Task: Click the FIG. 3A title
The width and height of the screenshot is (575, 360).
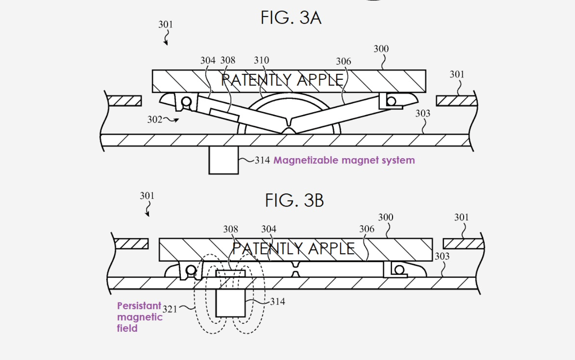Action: pyautogui.click(x=291, y=18)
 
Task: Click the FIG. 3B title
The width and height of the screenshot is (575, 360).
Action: pyautogui.click(x=294, y=200)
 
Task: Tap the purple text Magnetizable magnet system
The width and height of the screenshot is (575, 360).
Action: pyautogui.click(x=344, y=160)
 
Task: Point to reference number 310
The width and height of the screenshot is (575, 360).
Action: pyautogui.click(x=261, y=61)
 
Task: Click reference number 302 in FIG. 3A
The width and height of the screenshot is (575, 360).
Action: pyautogui.click(x=155, y=119)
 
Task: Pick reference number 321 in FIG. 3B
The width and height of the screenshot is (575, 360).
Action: pyautogui.click(x=170, y=309)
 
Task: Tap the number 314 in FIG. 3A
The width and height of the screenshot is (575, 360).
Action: pyautogui.click(x=262, y=160)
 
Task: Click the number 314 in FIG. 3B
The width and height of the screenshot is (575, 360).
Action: pyautogui.click(x=277, y=301)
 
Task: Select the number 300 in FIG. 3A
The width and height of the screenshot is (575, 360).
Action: pyautogui.click(x=381, y=49)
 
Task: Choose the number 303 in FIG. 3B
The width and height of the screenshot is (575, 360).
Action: pyautogui.click(x=442, y=256)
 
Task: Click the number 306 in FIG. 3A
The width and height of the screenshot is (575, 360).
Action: pyautogui.click(x=343, y=61)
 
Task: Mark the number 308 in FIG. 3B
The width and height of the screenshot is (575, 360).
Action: pyautogui.click(x=230, y=229)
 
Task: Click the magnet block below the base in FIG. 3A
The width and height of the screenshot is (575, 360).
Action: pyautogui.click(x=223, y=160)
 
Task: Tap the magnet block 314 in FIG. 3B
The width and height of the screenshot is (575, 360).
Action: pyautogui.click(x=231, y=302)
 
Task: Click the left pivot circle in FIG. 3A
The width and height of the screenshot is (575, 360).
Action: pyautogui.click(x=186, y=102)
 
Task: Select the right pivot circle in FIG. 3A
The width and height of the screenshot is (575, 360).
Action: pyautogui.click(x=391, y=101)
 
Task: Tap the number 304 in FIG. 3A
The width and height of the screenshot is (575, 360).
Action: pyautogui.click(x=208, y=61)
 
